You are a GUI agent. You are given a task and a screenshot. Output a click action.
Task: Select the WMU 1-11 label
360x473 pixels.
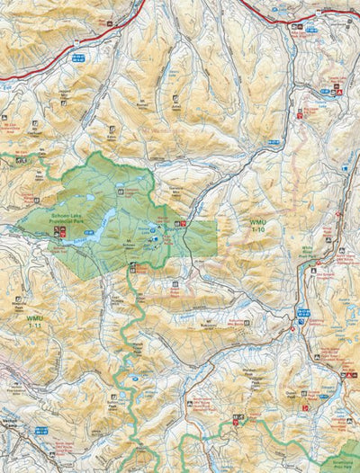point(34,320)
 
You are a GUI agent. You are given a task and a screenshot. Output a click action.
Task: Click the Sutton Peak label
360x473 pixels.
point(112,403)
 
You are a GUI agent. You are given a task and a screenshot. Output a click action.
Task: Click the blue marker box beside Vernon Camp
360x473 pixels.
point(40,430)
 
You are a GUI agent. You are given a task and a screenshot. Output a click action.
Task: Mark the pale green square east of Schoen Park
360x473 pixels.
point(202,237)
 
